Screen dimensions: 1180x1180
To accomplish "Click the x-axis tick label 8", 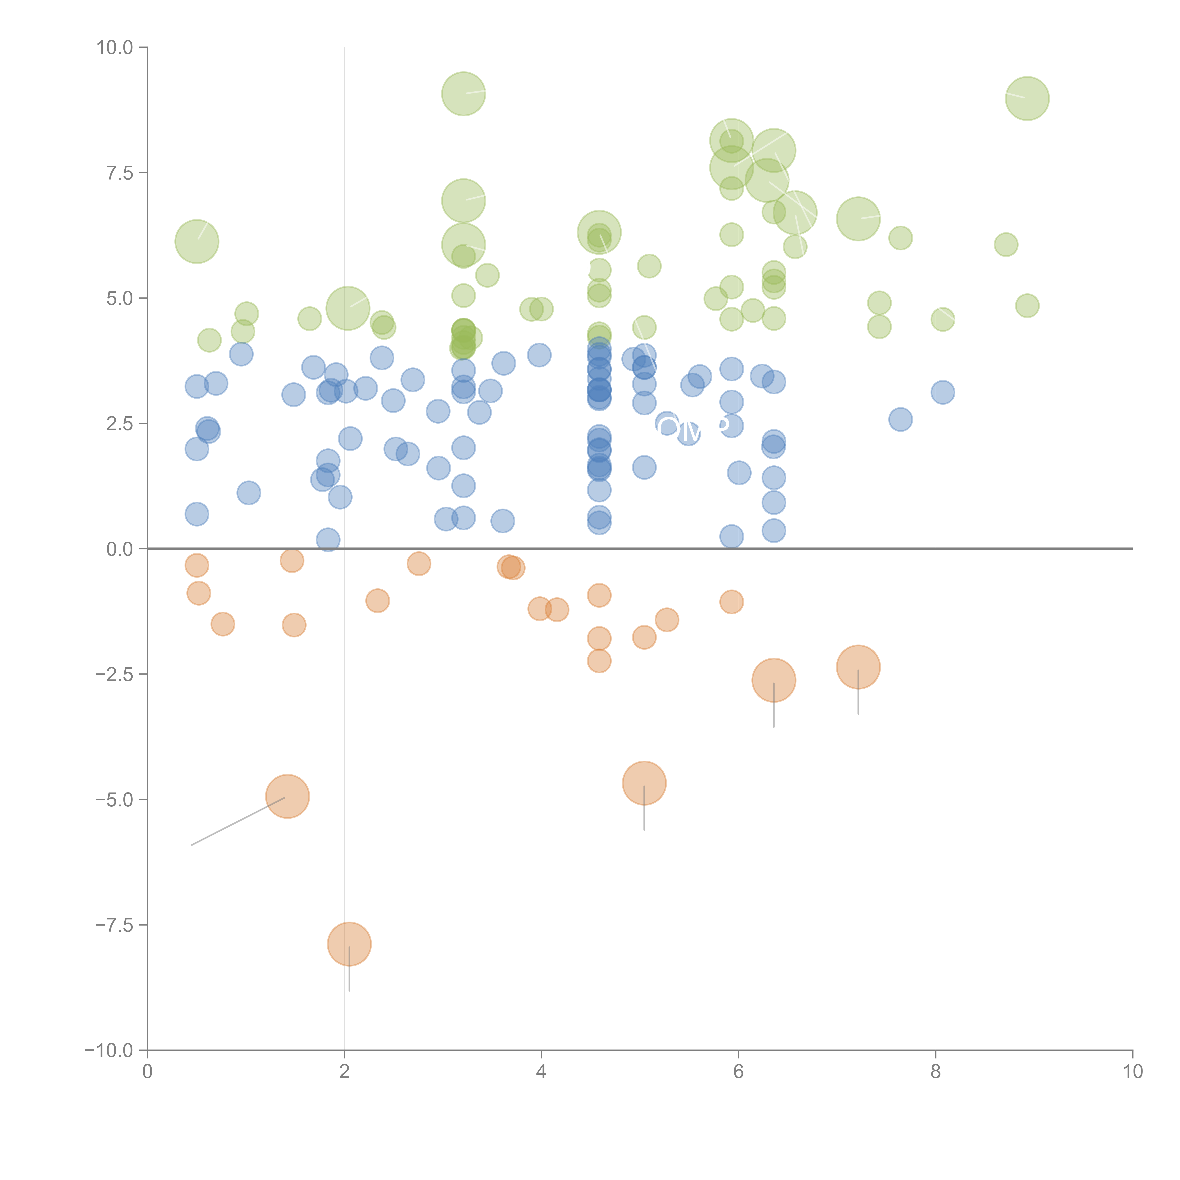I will (936, 1072).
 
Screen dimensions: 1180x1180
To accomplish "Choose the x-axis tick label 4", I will (541, 1072).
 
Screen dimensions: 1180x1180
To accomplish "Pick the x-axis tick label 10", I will (1132, 1072).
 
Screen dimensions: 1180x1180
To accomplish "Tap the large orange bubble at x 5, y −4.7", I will (644, 783).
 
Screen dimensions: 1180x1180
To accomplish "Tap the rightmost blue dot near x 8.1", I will (942, 392).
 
